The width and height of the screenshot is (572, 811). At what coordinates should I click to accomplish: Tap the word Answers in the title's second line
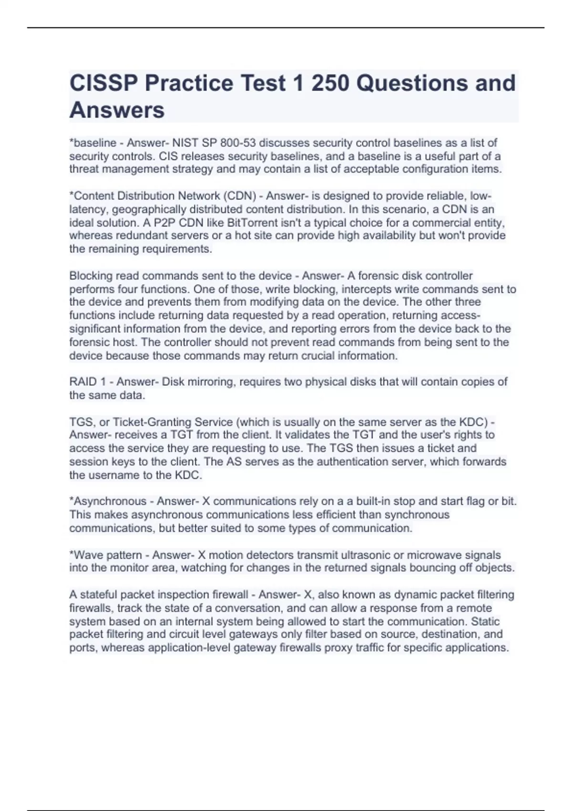coord(117,110)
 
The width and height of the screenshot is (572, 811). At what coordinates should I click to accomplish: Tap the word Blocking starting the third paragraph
coord(91,276)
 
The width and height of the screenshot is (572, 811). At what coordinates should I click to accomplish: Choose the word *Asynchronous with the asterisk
coord(108,501)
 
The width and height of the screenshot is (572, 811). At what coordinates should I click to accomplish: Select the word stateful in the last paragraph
coord(98,595)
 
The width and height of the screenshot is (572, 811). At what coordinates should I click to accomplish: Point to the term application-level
coord(187,648)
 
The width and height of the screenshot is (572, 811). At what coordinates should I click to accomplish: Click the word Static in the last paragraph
coord(485,622)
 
